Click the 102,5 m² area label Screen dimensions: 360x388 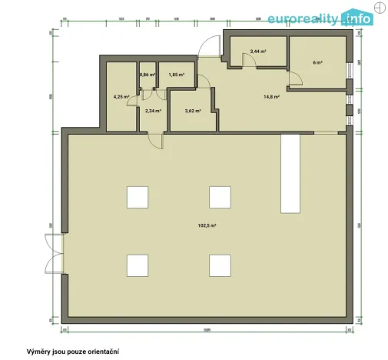(207, 225)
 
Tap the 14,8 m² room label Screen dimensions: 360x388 (270, 97)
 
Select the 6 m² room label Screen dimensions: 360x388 (317, 61)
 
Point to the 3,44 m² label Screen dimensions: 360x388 (257, 52)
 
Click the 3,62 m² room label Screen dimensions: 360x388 (192, 111)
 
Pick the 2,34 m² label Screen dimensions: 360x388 (152, 111)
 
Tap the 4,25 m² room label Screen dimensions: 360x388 (121, 97)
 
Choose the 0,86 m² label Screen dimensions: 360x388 (147, 75)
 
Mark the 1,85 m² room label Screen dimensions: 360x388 (176, 75)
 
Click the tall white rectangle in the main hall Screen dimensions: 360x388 (290, 173)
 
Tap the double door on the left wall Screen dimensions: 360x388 (54, 253)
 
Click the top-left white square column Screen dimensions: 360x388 (138, 196)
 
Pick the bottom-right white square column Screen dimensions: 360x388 (220, 264)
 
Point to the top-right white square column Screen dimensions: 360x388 (220, 196)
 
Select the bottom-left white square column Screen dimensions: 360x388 (138, 264)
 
